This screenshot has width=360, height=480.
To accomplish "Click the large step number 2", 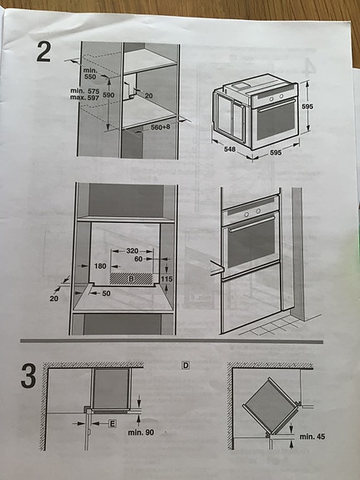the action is coord(43,52).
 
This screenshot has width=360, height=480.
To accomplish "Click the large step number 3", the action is coord(28,376).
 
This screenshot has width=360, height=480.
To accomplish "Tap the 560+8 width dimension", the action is coord(160,127).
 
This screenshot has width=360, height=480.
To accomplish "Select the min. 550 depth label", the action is coord(89,73).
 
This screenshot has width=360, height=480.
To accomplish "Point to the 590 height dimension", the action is coord(109,95).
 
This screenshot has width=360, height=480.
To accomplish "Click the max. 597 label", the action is coord(84,98).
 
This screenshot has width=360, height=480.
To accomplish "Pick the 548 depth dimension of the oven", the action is coord(230,149).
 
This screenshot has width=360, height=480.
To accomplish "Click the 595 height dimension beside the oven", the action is coord(307,106).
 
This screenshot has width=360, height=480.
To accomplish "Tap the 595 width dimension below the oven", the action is coord(276,152).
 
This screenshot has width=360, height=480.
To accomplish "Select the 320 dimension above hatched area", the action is coord(132,250).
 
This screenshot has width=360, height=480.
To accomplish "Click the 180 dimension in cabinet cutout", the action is coord(100,266).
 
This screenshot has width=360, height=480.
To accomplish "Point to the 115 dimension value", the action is coord(166,279).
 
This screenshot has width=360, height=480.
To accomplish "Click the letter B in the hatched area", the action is coord(131,279).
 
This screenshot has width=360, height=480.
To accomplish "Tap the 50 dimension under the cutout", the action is coord(106,293).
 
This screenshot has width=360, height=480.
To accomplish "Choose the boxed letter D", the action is coord(185,365).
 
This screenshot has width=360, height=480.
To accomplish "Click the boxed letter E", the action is coord(113,424).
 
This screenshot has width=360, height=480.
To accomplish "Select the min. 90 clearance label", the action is coord(141,432).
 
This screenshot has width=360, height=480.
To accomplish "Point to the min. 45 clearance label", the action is coord(312,437).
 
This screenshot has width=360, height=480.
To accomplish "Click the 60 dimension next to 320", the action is coord(139,259).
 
